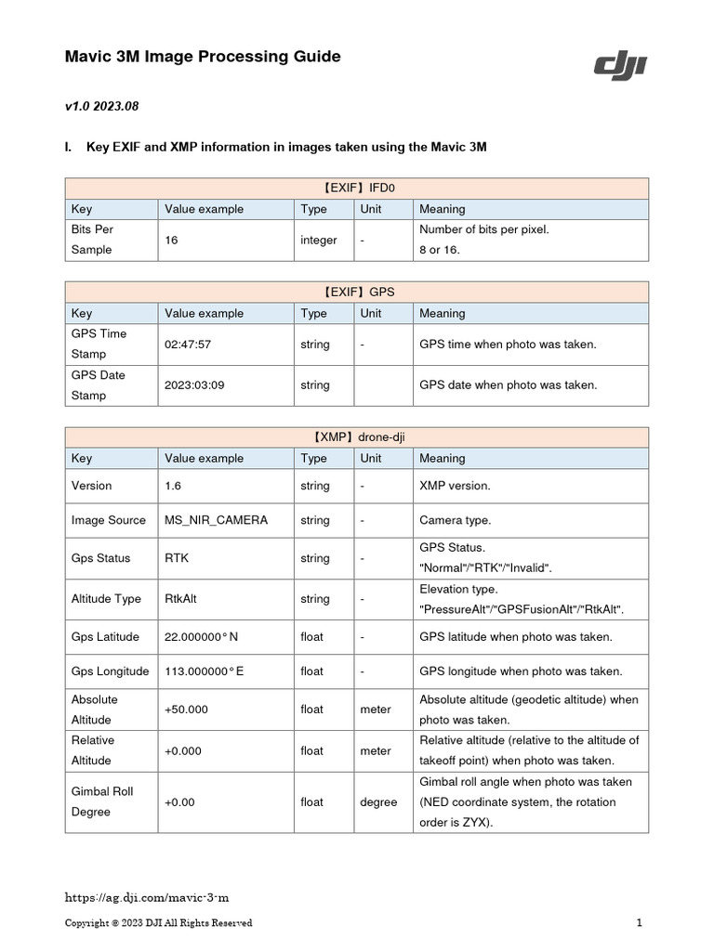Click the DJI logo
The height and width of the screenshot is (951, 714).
(x=620, y=66)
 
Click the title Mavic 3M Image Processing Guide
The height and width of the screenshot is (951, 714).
(x=202, y=57)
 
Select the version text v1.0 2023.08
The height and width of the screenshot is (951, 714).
(x=101, y=107)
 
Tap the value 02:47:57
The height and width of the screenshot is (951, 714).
(x=188, y=345)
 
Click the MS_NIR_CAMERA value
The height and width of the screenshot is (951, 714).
(x=216, y=520)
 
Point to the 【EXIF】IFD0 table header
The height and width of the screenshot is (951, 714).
(x=356, y=188)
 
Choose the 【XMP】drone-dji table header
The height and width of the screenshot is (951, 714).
(x=356, y=436)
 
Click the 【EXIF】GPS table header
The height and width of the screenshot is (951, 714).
(x=356, y=292)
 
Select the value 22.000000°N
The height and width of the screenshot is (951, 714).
(x=201, y=637)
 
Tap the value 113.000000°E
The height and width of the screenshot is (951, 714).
(x=204, y=671)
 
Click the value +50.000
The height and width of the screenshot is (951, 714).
(x=186, y=710)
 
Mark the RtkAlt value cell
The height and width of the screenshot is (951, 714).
(x=180, y=599)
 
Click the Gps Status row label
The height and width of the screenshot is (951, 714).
(x=100, y=558)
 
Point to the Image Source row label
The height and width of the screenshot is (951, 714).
(x=108, y=520)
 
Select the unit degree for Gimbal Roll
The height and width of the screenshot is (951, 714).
(x=378, y=802)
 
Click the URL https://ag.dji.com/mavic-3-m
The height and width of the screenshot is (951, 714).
(x=146, y=898)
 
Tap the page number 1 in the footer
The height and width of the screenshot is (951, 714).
(x=640, y=923)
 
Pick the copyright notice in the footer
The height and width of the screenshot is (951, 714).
(x=158, y=923)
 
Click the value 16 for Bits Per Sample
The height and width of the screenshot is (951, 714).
(x=171, y=240)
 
